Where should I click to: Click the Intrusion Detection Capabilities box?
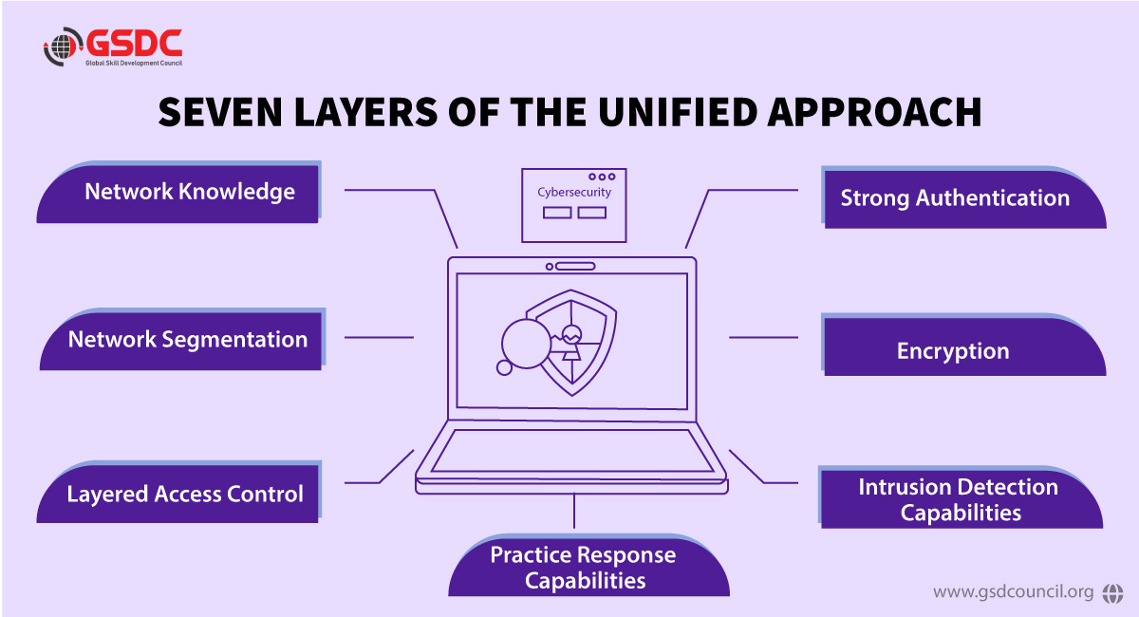click(x=959, y=499)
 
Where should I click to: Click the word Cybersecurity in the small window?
click(x=574, y=192)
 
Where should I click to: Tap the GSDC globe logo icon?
click(x=63, y=48)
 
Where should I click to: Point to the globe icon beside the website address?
click(x=1111, y=592)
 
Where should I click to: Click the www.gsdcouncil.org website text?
click(x=1013, y=592)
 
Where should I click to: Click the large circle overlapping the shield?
click(x=526, y=340)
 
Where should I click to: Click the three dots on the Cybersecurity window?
click(x=602, y=177)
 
